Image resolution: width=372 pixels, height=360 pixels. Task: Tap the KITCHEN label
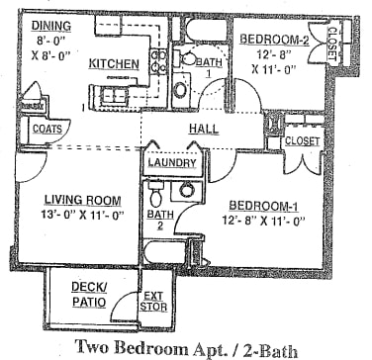114,63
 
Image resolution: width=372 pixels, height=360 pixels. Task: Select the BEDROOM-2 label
274,40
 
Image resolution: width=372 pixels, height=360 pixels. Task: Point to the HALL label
203,128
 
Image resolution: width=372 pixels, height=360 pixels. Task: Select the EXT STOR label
153,301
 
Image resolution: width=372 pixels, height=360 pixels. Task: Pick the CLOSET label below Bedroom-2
301,141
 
